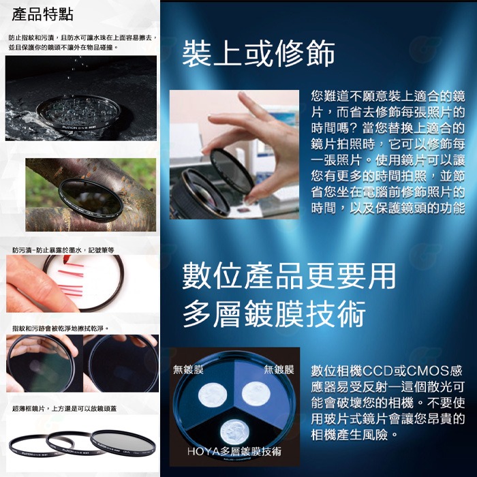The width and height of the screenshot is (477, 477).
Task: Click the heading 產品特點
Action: point(43,15)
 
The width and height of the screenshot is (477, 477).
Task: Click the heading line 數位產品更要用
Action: point(289,276)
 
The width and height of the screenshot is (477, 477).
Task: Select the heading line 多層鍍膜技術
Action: point(275,314)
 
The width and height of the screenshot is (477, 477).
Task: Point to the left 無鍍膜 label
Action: point(189,370)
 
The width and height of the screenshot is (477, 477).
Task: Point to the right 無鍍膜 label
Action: point(279,370)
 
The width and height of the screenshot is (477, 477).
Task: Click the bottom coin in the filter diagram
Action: point(235,432)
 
